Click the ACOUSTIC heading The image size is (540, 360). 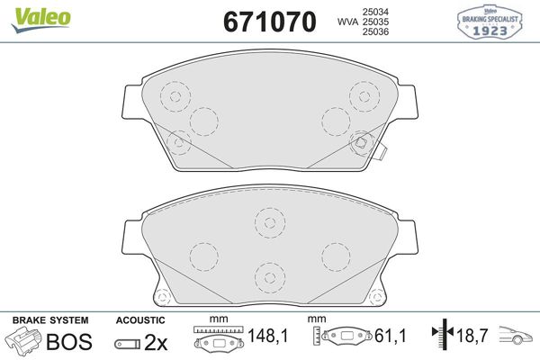tap(140, 320)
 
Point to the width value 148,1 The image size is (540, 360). tap(269, 337)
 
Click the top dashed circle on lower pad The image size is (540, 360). tap(268, 221)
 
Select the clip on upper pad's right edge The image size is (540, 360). tap(382, 149)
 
